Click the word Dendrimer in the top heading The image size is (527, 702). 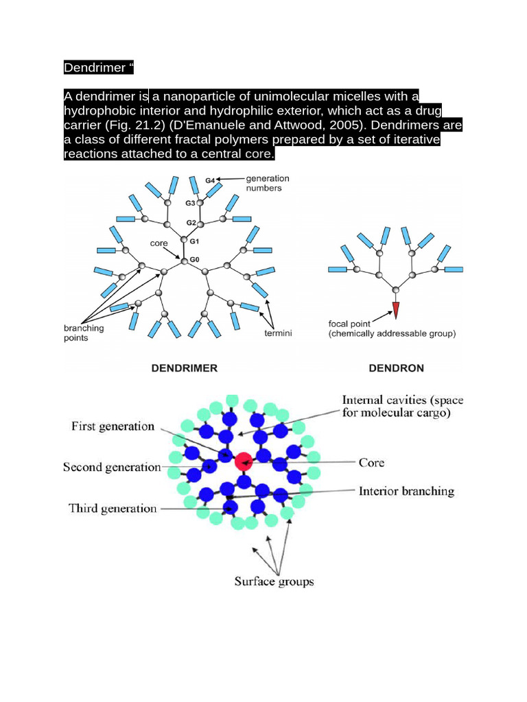[91, 68]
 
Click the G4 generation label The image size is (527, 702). [211, 180]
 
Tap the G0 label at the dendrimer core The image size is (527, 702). [195, 260]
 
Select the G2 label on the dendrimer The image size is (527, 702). [191, 223]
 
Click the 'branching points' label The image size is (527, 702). [79, 332]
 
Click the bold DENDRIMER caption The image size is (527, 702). [184, 368]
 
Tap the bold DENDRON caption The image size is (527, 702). [397, 368]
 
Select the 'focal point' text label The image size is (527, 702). [351, 324]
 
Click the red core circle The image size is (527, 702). [243, 461]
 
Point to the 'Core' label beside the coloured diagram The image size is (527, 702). [371, 463]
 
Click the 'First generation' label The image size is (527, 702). [113, 426]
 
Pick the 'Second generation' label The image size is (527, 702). [112, 468]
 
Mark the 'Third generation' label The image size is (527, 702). [113, 509]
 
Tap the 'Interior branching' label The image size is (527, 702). [406, 491]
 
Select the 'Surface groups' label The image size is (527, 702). [274, 581]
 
